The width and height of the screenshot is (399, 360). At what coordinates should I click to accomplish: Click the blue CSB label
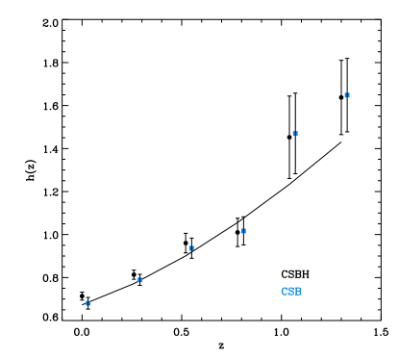pos(291,292)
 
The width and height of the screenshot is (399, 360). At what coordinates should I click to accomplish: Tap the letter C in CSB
pos(285,292)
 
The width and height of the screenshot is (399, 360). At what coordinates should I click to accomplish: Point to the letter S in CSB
pos(291,292)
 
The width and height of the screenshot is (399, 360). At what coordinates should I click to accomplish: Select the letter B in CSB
pos(298,292)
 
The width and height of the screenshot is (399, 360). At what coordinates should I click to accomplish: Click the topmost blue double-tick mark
pos(347,95)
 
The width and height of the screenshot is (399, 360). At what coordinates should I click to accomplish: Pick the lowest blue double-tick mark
pos(87,303)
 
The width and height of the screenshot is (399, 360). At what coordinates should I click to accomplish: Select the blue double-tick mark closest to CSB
pos(243,231)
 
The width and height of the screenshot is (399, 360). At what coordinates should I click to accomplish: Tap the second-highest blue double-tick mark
pos(295,134)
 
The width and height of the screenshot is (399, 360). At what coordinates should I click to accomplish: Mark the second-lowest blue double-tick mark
pos(139,280)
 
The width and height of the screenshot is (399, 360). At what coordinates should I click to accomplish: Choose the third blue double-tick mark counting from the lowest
pos(191,248)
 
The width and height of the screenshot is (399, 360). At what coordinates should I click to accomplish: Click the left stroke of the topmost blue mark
pos(345,95)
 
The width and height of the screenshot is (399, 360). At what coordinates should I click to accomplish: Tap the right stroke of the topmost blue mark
pos(349,95)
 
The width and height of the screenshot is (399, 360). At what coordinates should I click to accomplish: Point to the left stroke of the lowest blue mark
pos(86,303)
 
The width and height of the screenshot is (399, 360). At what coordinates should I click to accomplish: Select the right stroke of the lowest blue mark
pos(89,303)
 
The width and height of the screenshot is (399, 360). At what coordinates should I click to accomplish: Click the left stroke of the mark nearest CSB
pos(241,231)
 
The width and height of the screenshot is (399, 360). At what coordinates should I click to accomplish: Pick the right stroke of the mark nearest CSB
pos(245,231)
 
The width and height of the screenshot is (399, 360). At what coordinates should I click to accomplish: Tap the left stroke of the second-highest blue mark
pos(293,134)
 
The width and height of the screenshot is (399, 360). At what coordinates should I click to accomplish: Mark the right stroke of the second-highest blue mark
pos(297,134)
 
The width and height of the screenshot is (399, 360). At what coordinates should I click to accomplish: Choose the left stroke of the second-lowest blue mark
pos(137,280)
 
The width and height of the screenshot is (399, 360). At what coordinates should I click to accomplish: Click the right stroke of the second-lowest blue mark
pos(141,280)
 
